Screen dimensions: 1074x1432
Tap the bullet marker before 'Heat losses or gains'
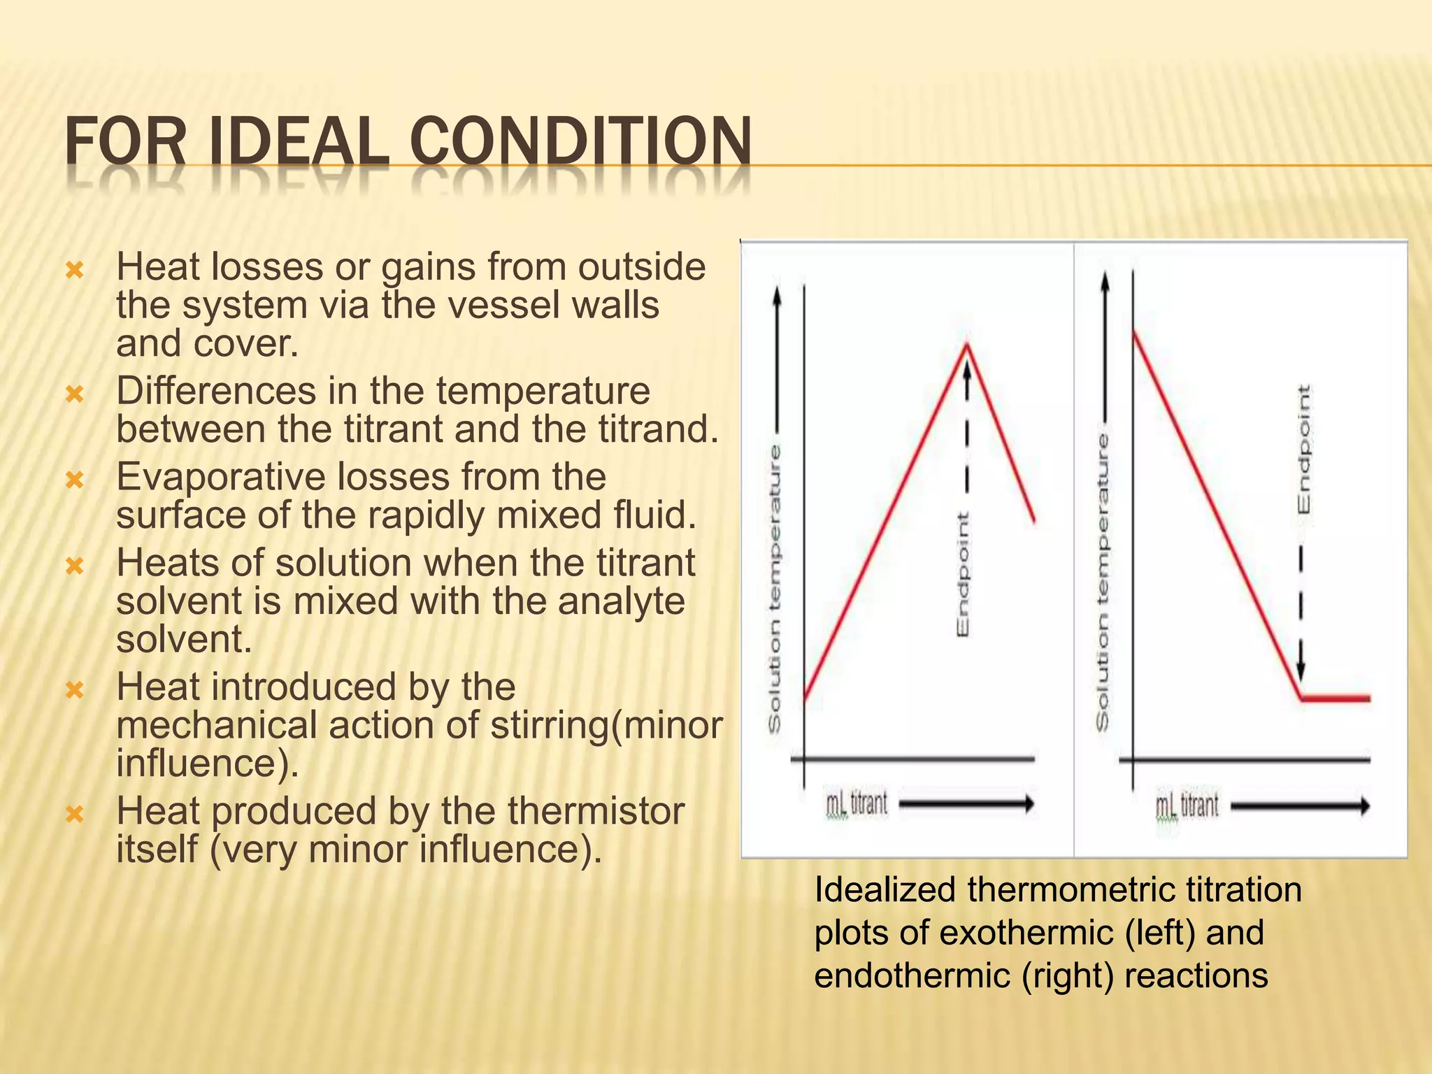pyautogui.click(x=75, y=270)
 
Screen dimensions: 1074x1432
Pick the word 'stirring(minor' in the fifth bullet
pyautogui.click(x=606, y=725)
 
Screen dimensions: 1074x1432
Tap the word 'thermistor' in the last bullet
pyautogui.click(x=596, y=811)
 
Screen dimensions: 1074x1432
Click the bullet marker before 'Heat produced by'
pyautogui.click(x=75, y=814)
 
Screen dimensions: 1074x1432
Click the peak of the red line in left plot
pyautogui.click(x=967, y=345)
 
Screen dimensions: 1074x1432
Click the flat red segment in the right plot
pyautogui.click(x=1336, y=698)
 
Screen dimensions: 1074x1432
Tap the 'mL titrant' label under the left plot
pyautogui.click(x=857, y=804)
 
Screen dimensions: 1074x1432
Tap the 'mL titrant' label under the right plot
pyautogui.click(x=1187, y=806)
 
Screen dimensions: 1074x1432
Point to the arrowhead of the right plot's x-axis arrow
pyautogui.click(x=1364, y=807)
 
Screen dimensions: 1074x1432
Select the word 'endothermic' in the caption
pyautogui.click(x=912, y=975)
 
